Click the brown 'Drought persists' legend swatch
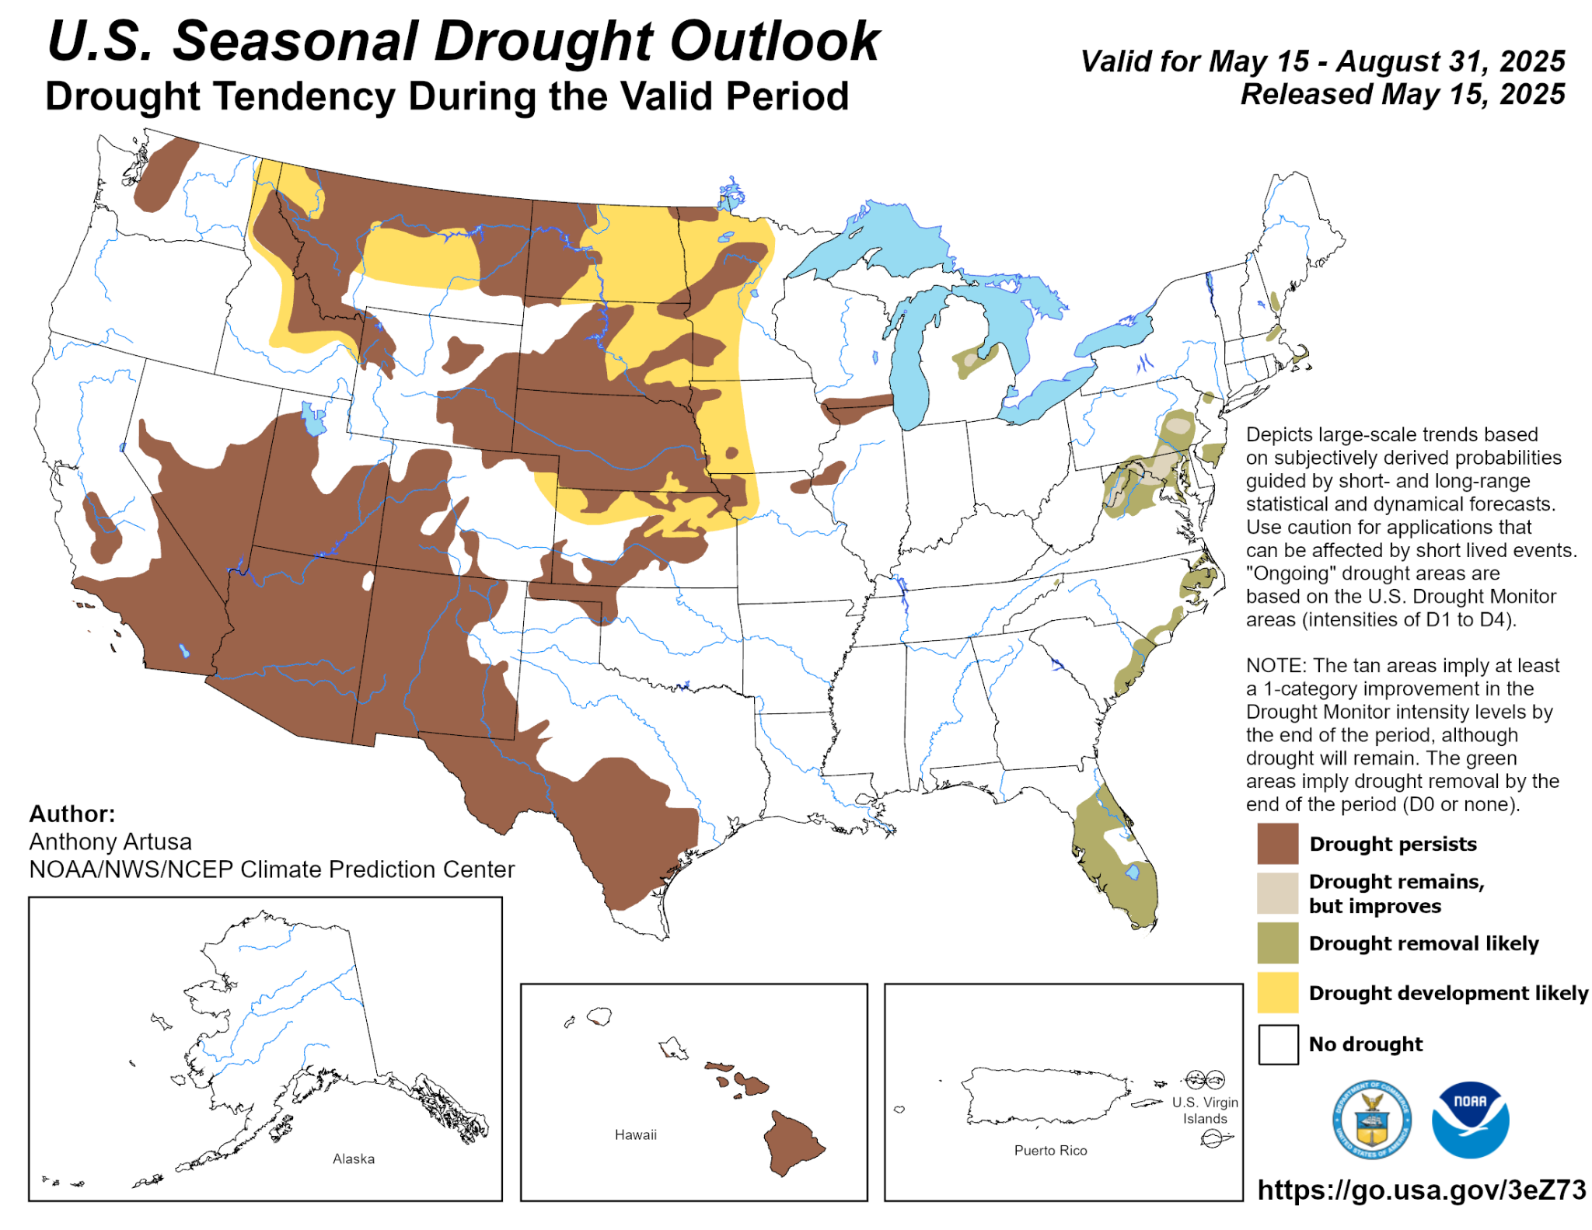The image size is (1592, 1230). (1277, 844)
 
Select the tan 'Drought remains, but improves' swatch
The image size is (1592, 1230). (1277, 893)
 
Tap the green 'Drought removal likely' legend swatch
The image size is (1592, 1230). (1277, 943)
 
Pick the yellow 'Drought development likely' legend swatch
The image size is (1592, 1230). (1277, 992)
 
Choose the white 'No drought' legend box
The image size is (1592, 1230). (1277, 1044)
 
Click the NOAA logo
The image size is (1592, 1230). (1469, 1120)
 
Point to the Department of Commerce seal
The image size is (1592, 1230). (1371, 1120)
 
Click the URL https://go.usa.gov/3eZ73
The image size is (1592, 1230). (1421, 1190)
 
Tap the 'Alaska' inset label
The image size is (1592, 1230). (353, 1159)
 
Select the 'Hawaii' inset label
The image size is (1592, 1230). (635, 1134)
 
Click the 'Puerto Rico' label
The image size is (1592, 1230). (1049, 1150)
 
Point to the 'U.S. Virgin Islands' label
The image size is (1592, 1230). (1204, 1110)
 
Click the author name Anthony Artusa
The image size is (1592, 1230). (110, 841)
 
